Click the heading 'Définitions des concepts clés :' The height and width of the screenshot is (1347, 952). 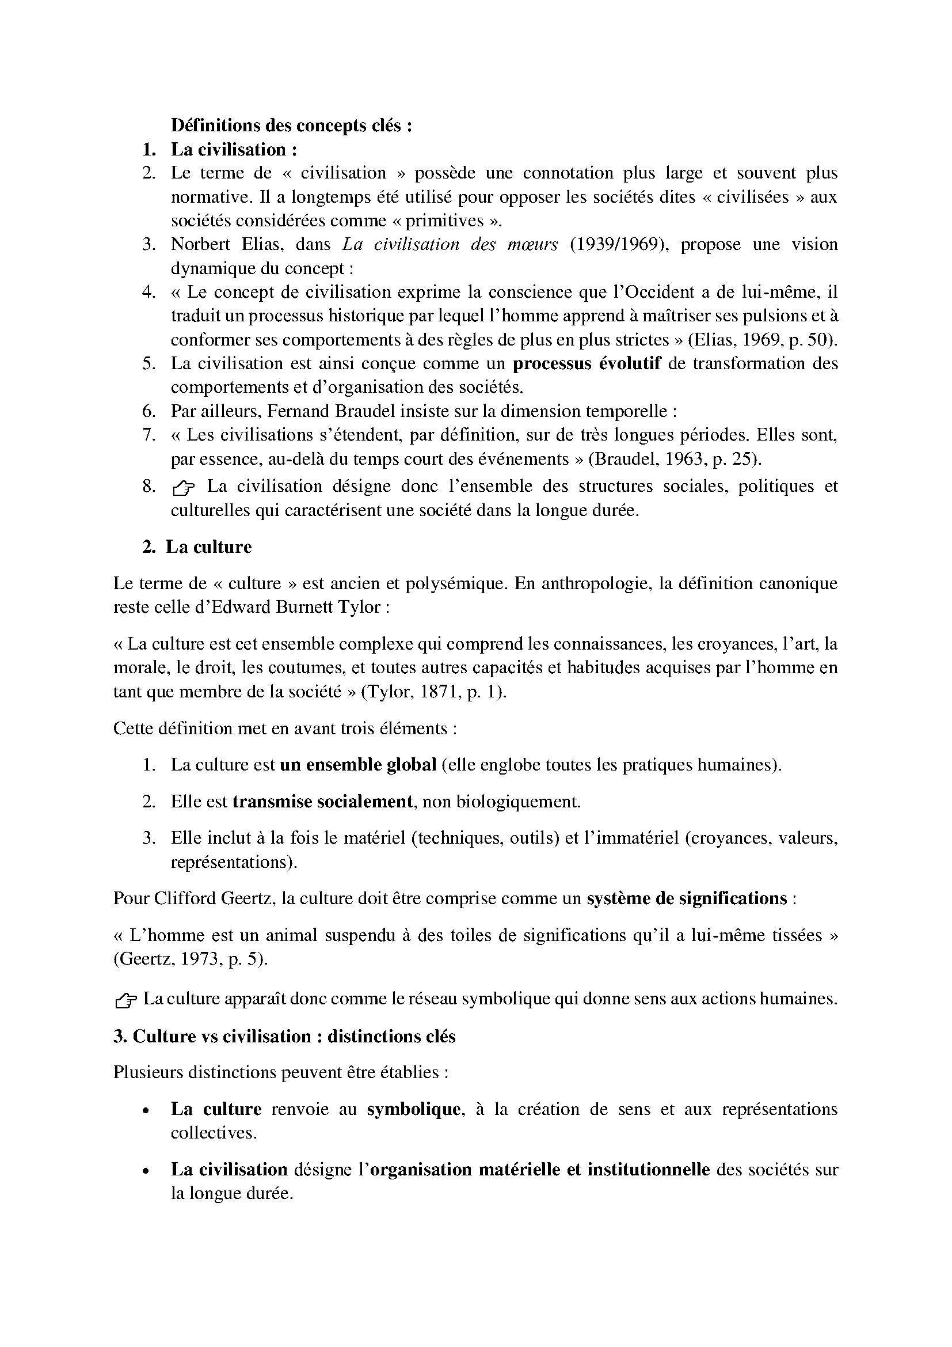pyautogui.click(x=291, y=126)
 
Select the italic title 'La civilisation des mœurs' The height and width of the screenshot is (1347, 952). pyautogui.click(x=450, y=244)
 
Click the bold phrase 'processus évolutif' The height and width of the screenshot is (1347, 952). pyautogui.click(x=586, y=364)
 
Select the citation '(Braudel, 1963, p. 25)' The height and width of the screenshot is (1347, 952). pyautogui.click(x=675, y=459)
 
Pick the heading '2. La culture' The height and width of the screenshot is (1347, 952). pyautogui.click(x=197, y=547)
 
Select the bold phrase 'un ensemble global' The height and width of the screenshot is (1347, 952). pyautogui.click(x=358, y=765)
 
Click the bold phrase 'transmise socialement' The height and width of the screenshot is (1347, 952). pyautogui.click(x=323, y=802)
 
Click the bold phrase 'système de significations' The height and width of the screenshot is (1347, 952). pyautogui.click(x=687, y=898)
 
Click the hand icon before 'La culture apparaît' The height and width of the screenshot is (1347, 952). pyautogui.click(x=126, y=1000)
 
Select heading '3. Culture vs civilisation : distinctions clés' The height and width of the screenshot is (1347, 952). pyautogui.click(x=284, y=1037)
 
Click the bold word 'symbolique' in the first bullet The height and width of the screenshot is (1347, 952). pyautogui.click(x=413, y=1109)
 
